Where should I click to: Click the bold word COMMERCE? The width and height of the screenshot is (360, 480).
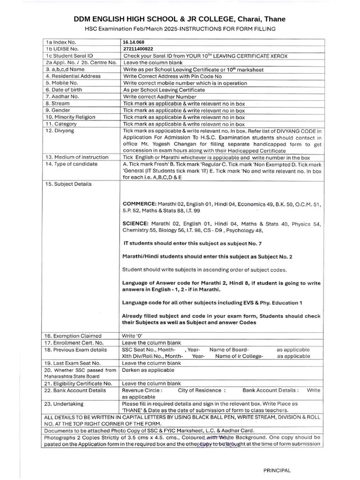[x=139, y=205]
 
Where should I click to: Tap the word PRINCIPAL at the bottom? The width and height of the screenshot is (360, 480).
[x=277, y=470]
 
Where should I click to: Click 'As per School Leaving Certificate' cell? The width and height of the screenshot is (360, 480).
[x=163, y=90]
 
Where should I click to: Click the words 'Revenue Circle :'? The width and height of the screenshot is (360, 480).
[x=142, y=390]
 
